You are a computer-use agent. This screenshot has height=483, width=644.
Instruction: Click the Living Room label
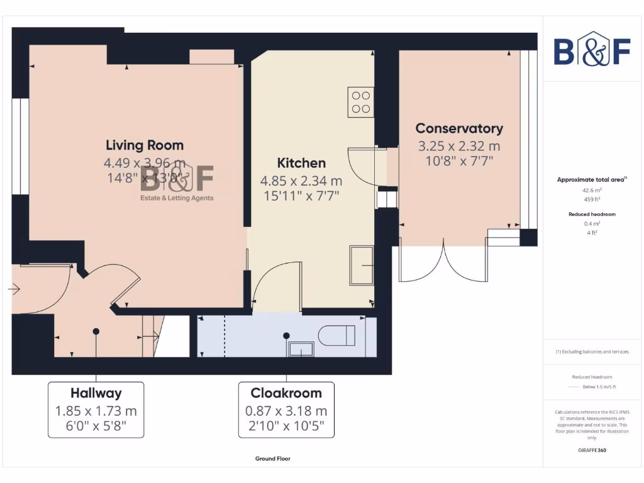(x=145, y=145)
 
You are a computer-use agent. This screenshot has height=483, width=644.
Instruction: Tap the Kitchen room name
(x=301, y=163)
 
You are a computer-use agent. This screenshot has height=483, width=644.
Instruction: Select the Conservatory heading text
(x=459, y=128)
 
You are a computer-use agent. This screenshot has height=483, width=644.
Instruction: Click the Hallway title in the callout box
(x=96, y=394)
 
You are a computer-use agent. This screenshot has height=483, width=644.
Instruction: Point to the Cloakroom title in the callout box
(x=286, y=394)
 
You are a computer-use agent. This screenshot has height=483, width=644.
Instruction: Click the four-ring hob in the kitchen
(x=361, y=102)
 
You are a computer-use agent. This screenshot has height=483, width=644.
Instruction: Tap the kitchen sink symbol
(x=362, y=265)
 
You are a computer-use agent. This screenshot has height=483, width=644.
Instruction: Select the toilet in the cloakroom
(x=337, y=335)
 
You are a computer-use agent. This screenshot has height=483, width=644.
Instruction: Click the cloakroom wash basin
(x=301, y=349)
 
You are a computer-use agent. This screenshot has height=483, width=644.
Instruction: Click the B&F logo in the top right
(x=592, y=52)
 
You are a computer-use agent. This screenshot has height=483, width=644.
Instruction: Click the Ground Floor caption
(x=272, y=459)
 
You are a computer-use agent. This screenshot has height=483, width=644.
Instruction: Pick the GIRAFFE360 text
(x=592, y=450)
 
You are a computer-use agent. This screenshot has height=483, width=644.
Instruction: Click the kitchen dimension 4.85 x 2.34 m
(x=301, y=180)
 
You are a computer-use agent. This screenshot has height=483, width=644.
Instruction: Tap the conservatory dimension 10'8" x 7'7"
(x=459, y=160)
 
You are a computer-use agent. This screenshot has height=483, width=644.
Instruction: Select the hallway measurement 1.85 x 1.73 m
(x=96, y=411)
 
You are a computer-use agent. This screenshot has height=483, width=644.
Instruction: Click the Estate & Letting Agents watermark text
(x=176, y=198)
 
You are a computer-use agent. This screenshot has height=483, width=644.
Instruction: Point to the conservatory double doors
(x=444, y=261)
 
